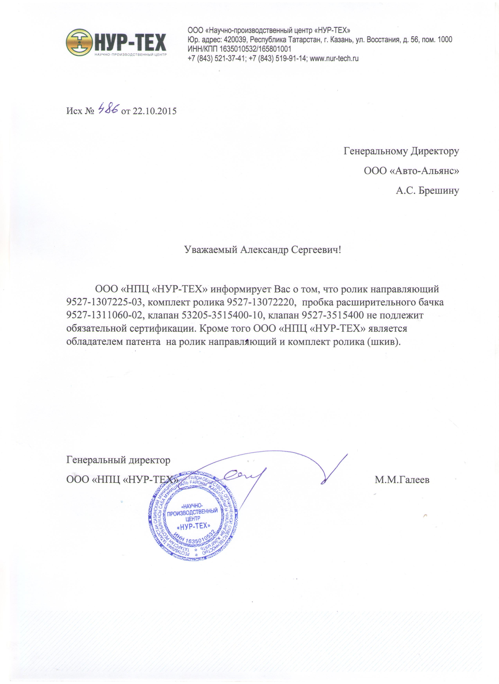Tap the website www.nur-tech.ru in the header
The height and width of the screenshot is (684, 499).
[334, 58]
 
